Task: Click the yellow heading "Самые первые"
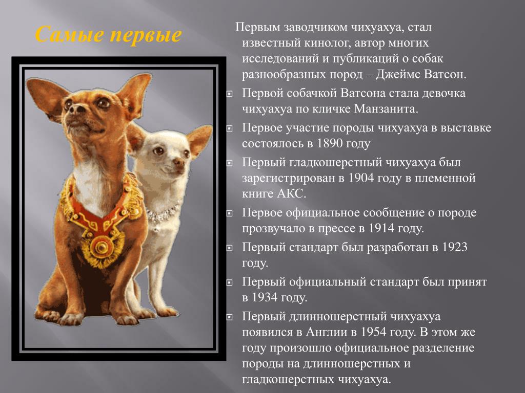tap(109, 34)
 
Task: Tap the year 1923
tap(454, 247)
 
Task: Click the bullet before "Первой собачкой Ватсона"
tap(229, 94)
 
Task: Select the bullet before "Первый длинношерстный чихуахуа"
tap(229, 317)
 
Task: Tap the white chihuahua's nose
tap(179, 162)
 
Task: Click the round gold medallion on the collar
tap(100, 247)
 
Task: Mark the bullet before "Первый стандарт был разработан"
tap(229, 248)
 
